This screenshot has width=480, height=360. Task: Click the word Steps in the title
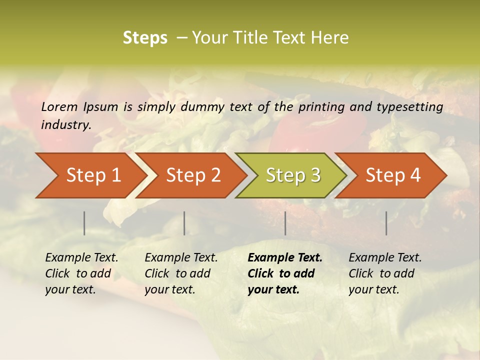[x=145, y=38]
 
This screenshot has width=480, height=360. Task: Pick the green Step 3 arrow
[x=293, y=175]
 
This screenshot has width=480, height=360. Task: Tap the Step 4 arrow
[x=393, y=175]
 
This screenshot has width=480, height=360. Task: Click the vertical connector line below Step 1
[x=84, y=223]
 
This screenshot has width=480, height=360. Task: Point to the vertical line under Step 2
[x=184, y=223]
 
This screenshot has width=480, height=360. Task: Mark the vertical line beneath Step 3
[x=285, y=223]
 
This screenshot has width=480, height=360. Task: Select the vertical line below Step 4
[x=386, y=223]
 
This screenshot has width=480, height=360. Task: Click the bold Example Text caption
[x=285, y=273]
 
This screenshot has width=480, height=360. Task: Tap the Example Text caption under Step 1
[x=81, y=273]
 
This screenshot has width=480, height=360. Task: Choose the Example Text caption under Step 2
[x=181, y=273]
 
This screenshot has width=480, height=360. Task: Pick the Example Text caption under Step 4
[x=385, y=273]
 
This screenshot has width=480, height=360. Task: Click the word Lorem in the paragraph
[x=59, y=107]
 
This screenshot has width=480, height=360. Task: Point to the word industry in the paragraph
[x=66, y=125]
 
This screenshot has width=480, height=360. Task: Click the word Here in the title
[x=330, y=38]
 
